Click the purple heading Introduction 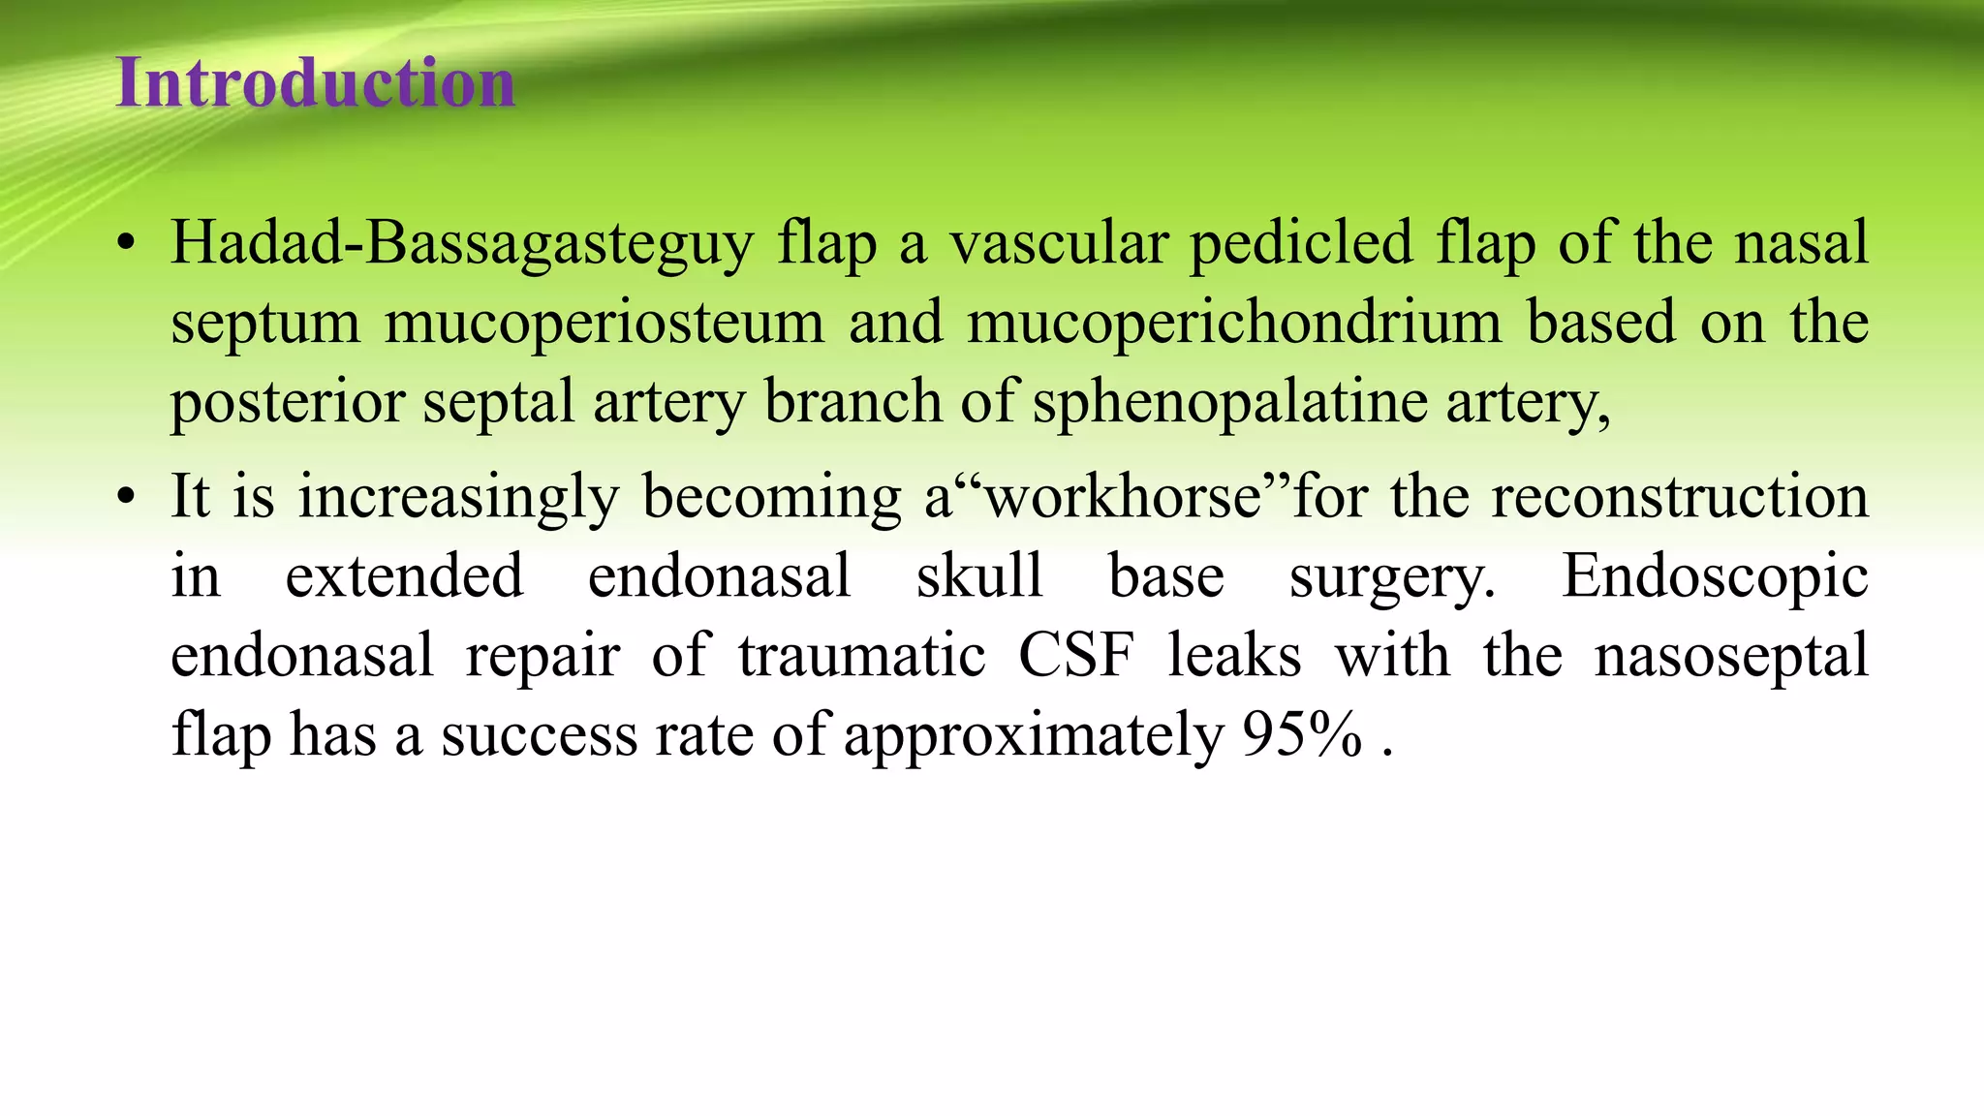point(316,83)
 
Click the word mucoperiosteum point(604,323)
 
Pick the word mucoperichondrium point(1234,323)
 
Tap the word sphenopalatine point(1230,402)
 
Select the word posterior point(287,402)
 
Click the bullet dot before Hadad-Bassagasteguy point(125,244)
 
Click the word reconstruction point(1679,497)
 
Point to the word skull point(979,576)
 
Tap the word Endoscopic point(1715,576)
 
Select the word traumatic point(861,656)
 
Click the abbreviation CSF point(1075,656)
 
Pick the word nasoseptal point(1731,656)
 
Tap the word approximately point(1034,735)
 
